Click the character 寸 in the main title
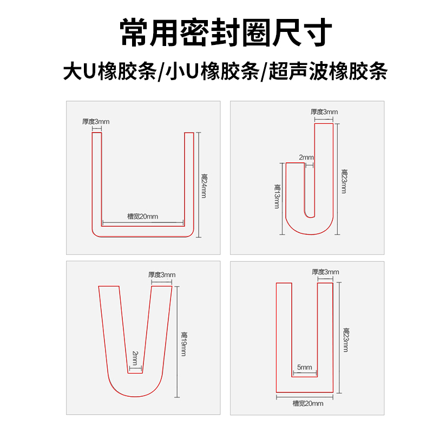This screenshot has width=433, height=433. pyautogui.click(x=317, y=32)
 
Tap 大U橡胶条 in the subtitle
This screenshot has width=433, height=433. pyautogui.click(x=110, y=71)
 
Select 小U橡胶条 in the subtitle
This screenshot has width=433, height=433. pyautogui.click(x=212, y=71)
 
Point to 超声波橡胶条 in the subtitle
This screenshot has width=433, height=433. pyautogui.click(x=328, y=71)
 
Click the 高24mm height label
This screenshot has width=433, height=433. pyautogui.click(x=205, y=186)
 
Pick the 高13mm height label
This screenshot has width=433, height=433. pyautogui.click(x=277, y=196)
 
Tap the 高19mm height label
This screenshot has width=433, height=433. pyautogui.click(x=183, y=344)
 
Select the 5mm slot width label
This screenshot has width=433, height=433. pyautogui.click(x=304, y=368)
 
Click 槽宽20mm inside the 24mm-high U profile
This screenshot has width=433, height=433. pyautogui.click(x=142, y=216)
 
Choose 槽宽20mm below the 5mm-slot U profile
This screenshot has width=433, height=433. pyautogui.click(x=308, y=403)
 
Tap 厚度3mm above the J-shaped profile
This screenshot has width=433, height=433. pyautogui.click(x=324, y=112)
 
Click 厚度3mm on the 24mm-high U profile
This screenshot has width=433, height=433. pyautogui.click(x=96, y=121)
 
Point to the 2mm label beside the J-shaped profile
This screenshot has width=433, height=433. pyautogui.click(x=306, y=158)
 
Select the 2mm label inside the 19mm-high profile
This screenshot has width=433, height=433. pyautogui.click(x=135, y=358)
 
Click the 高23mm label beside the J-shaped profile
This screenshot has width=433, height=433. pyautogui.click(x=344, y=181)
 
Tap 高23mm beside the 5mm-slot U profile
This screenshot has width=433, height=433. pyautogui.click(x=346, y=340)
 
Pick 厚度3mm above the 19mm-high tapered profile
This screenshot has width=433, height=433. pyautogui.click(x=162, y=275)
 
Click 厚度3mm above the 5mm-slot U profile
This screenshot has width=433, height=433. pyautogui.click(x=326, y=272)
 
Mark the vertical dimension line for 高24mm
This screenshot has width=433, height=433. pyautogui.click(x=199, y=185)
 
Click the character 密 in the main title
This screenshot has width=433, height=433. pyautogui.click(x=194, y=32)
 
